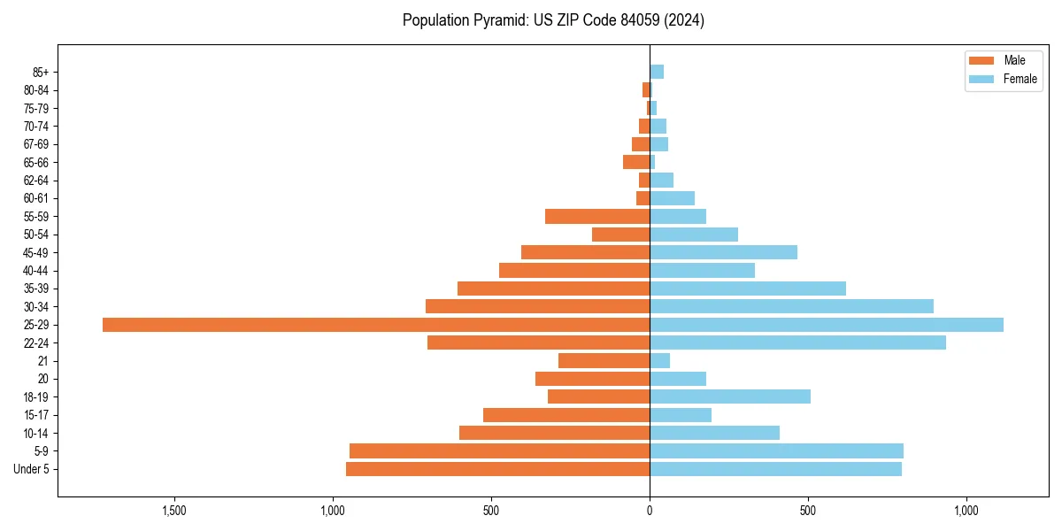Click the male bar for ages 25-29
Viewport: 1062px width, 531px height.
pos(376,325)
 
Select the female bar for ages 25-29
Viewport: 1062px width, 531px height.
pos(827,325)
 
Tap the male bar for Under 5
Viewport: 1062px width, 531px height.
pos(497,469)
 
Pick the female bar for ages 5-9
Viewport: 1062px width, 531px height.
pos(776,450)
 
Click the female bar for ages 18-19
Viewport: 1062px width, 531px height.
pos(730,396)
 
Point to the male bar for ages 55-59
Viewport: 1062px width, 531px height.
pos(597,216)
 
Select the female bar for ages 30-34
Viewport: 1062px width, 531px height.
pos(791,306)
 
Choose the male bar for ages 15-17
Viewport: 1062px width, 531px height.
pos(566,415)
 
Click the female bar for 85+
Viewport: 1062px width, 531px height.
pos(657,72)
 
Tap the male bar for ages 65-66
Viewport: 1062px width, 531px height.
pos(636,162)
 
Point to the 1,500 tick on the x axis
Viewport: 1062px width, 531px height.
pos(174,511)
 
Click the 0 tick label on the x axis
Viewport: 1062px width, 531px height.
pos(650,511)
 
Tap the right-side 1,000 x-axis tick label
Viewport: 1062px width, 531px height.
pos(966,511)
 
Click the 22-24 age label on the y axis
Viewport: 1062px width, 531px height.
pos(36,342)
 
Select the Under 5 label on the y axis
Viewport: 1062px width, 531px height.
pos(31,469)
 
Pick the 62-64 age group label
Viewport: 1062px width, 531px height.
pos(36,181)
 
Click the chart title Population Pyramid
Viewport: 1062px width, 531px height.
pos(553,20)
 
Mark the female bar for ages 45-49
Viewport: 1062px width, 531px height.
pos(723,252)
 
